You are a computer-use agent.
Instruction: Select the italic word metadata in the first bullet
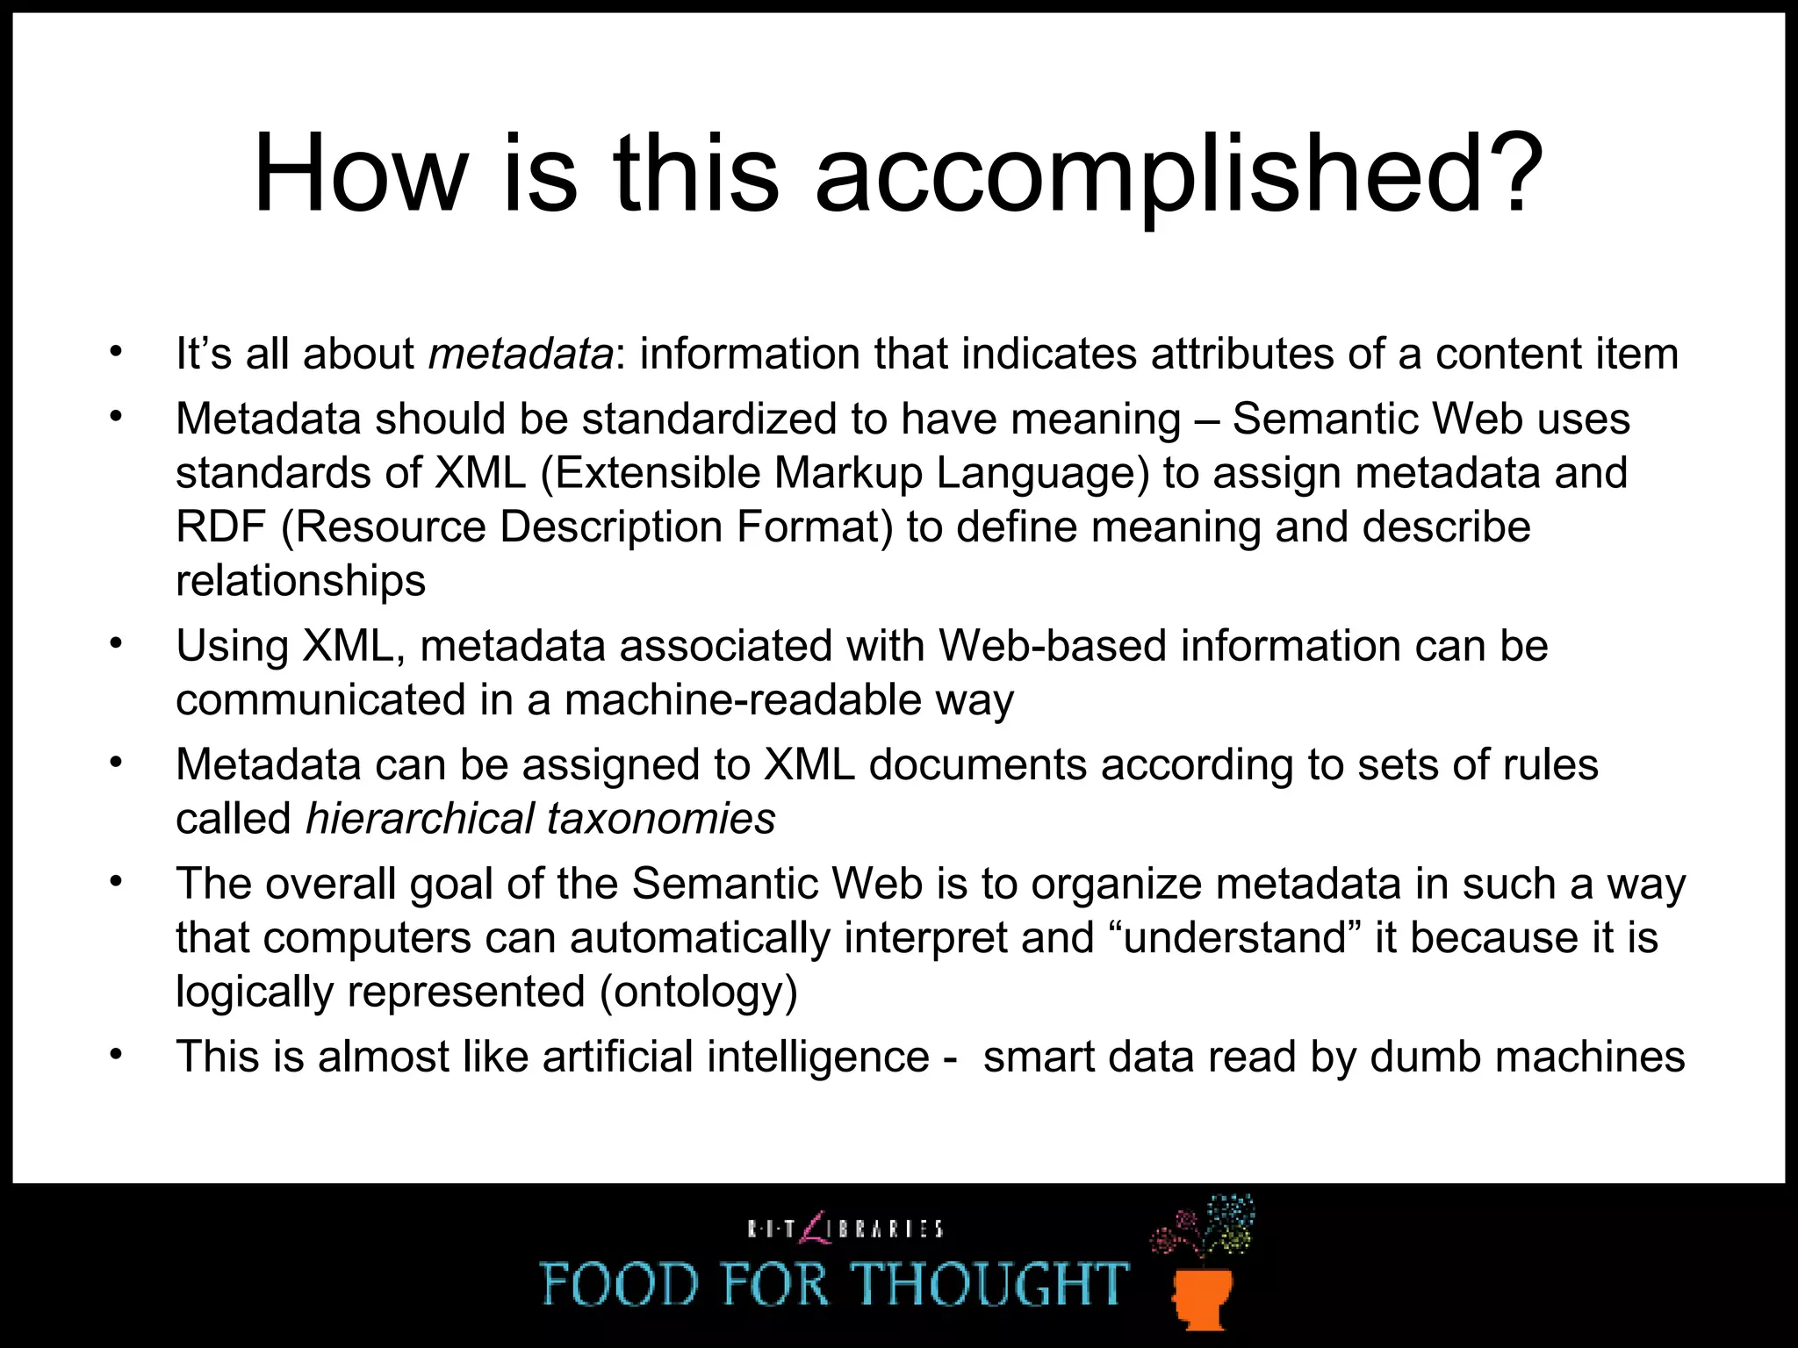tap(521, 355)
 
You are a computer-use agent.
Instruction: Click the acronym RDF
tap(220, 527)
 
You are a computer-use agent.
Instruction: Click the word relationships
tap(300, 581)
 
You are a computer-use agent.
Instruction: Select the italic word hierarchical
tap(419, 819)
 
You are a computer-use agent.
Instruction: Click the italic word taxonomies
tap(661, 819)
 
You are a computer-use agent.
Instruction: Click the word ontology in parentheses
tap(699, 993)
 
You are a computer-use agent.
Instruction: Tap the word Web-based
tap(1053, 647)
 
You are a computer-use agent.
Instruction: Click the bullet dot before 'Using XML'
tap(115, 644)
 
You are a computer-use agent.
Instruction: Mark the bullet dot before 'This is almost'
tap(115, 1054)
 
